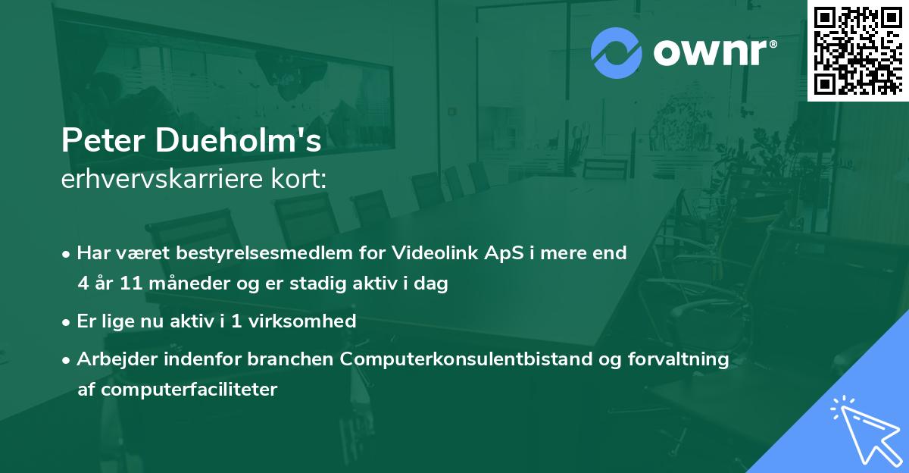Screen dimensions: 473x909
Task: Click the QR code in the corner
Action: [x=857, y=50]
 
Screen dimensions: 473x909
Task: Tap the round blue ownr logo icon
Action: [x=617, y=52]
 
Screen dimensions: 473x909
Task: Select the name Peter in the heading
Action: [x=98, y=141]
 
